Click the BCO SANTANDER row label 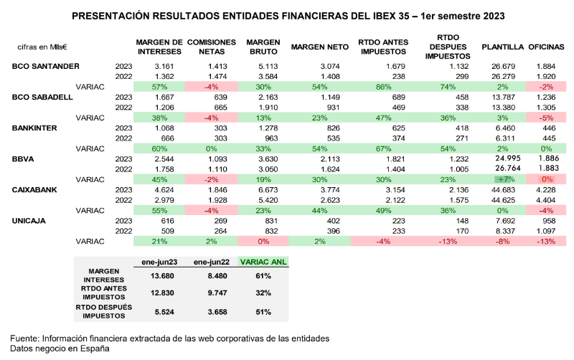pyautogui.click(x=46, y=66)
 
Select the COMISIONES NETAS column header pyautogui.click(x=212, y=47)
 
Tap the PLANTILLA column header pyautogui.click(x=502, y=47)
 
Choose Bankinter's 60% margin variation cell pyautogui.click(x=160, y=148)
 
